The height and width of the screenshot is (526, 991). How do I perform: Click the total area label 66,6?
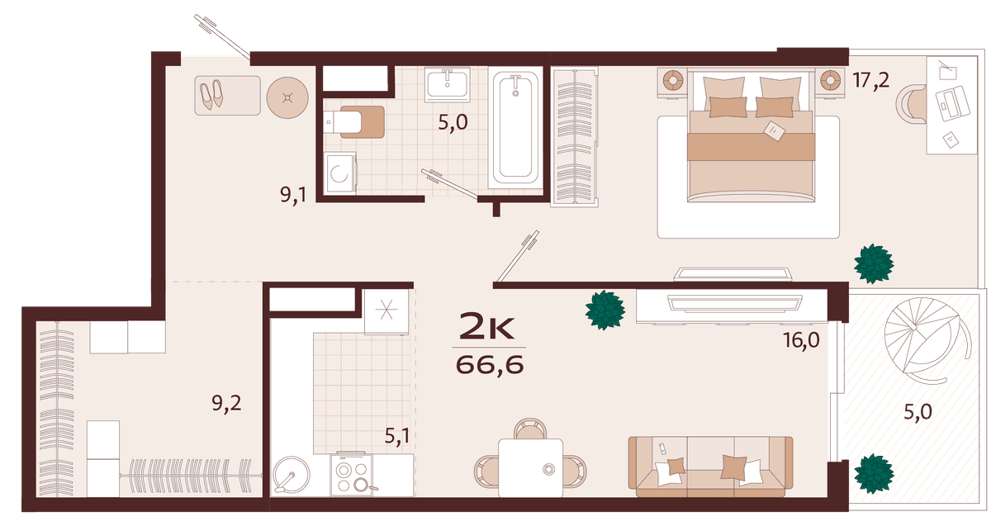490,365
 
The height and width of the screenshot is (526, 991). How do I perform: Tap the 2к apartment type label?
487,325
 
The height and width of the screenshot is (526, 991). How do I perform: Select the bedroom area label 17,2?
870,81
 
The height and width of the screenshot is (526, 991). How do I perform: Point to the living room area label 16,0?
801,340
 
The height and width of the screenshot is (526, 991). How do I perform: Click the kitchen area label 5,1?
397,436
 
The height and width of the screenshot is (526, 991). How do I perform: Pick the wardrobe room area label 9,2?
226,404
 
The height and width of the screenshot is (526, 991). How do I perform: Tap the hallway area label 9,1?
293,194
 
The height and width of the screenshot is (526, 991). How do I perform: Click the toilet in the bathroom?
353,121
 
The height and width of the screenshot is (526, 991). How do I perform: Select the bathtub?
515,128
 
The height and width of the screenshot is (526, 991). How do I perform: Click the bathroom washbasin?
448,84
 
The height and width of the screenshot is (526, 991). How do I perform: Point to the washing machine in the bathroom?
339,173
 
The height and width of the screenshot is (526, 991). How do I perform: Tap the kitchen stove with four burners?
352,475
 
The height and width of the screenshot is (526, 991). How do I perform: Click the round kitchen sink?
292,475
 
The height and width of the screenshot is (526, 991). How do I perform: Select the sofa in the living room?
710,467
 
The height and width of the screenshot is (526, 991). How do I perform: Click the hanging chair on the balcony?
927,339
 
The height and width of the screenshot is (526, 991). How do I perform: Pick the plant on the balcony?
874,473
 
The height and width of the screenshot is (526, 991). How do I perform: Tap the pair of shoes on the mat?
211,94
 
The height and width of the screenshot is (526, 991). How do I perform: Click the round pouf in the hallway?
287,97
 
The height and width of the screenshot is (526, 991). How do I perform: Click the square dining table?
530,468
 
